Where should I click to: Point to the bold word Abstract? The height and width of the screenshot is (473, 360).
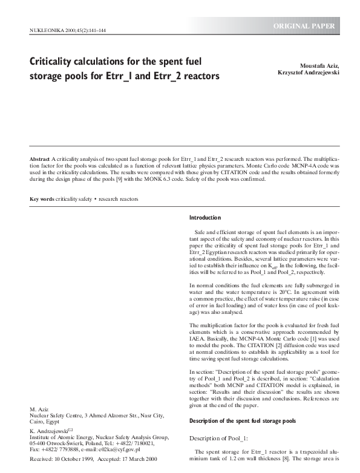click(x=40, y=158)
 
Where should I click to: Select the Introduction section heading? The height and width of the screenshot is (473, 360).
click(x=205, y=218)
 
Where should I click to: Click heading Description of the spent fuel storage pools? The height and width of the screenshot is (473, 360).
click(x=243, y=421)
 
